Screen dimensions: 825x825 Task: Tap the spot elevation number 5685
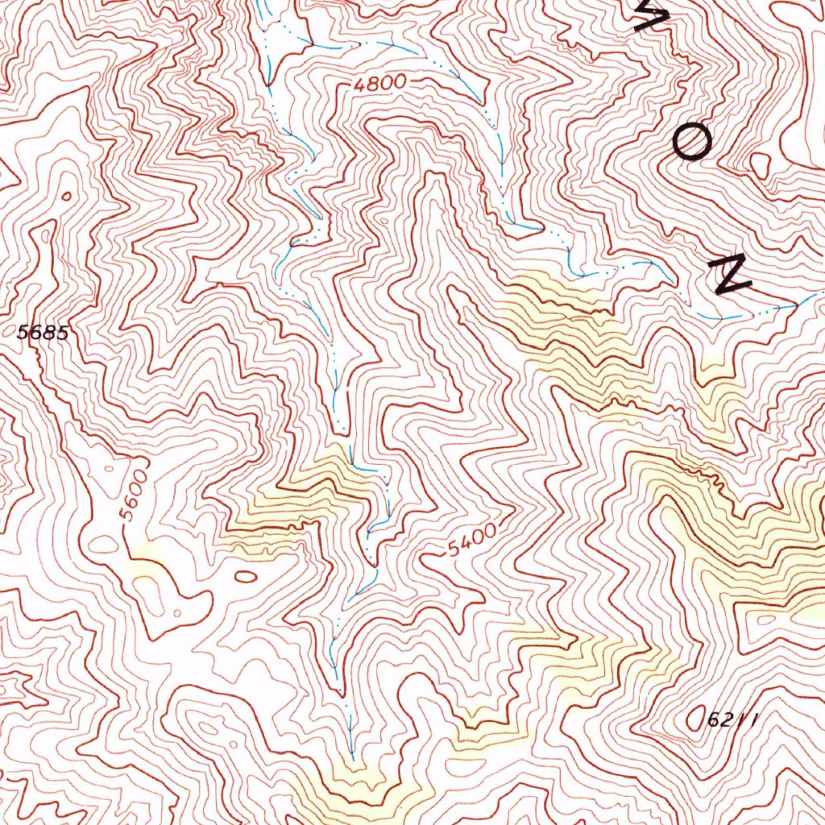pos(43,332)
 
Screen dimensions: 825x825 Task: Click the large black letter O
pos(691,144)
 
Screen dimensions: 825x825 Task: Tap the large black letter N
pos(732,276)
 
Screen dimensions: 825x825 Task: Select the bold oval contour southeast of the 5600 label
pos(245,576)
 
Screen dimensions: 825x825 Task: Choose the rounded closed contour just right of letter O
pos(760,165)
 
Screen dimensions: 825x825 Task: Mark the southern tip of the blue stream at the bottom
pos(352,757)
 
